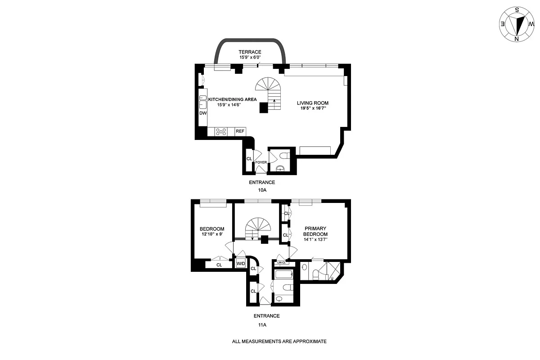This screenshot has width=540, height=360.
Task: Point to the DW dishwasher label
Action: pyautogui.click(x=203, y=113)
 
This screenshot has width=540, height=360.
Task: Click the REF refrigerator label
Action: pyautogui.click(x=240, y=131)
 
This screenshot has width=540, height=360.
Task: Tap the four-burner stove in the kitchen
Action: pyautogui.click(x=221, y=131)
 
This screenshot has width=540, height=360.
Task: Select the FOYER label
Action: pyautogui.click(x=261, y=162)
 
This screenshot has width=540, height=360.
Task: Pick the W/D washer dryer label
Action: pyautogui.click(x=241, y=264)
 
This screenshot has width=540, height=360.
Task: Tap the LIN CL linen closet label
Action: pyautogui.click(x=282, y=263)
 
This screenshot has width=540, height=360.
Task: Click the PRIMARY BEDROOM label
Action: pyautogui.click(x=315, y=231)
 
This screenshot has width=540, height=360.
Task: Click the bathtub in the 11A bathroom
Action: pyautogui.click(x=283, y=274)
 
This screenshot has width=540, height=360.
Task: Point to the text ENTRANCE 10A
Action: pyautogui.click(x=262, y=186)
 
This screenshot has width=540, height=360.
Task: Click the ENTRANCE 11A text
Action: pyautogui.click(x=266, y=319)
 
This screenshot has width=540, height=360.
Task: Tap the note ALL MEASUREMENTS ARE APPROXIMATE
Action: pyautogui.click(x=279, y=342)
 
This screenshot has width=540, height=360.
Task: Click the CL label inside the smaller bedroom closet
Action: pyautogui.click(x=219, y=265)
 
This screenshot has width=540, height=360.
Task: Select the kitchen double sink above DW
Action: pyautogui.click(x=203, y=101)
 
